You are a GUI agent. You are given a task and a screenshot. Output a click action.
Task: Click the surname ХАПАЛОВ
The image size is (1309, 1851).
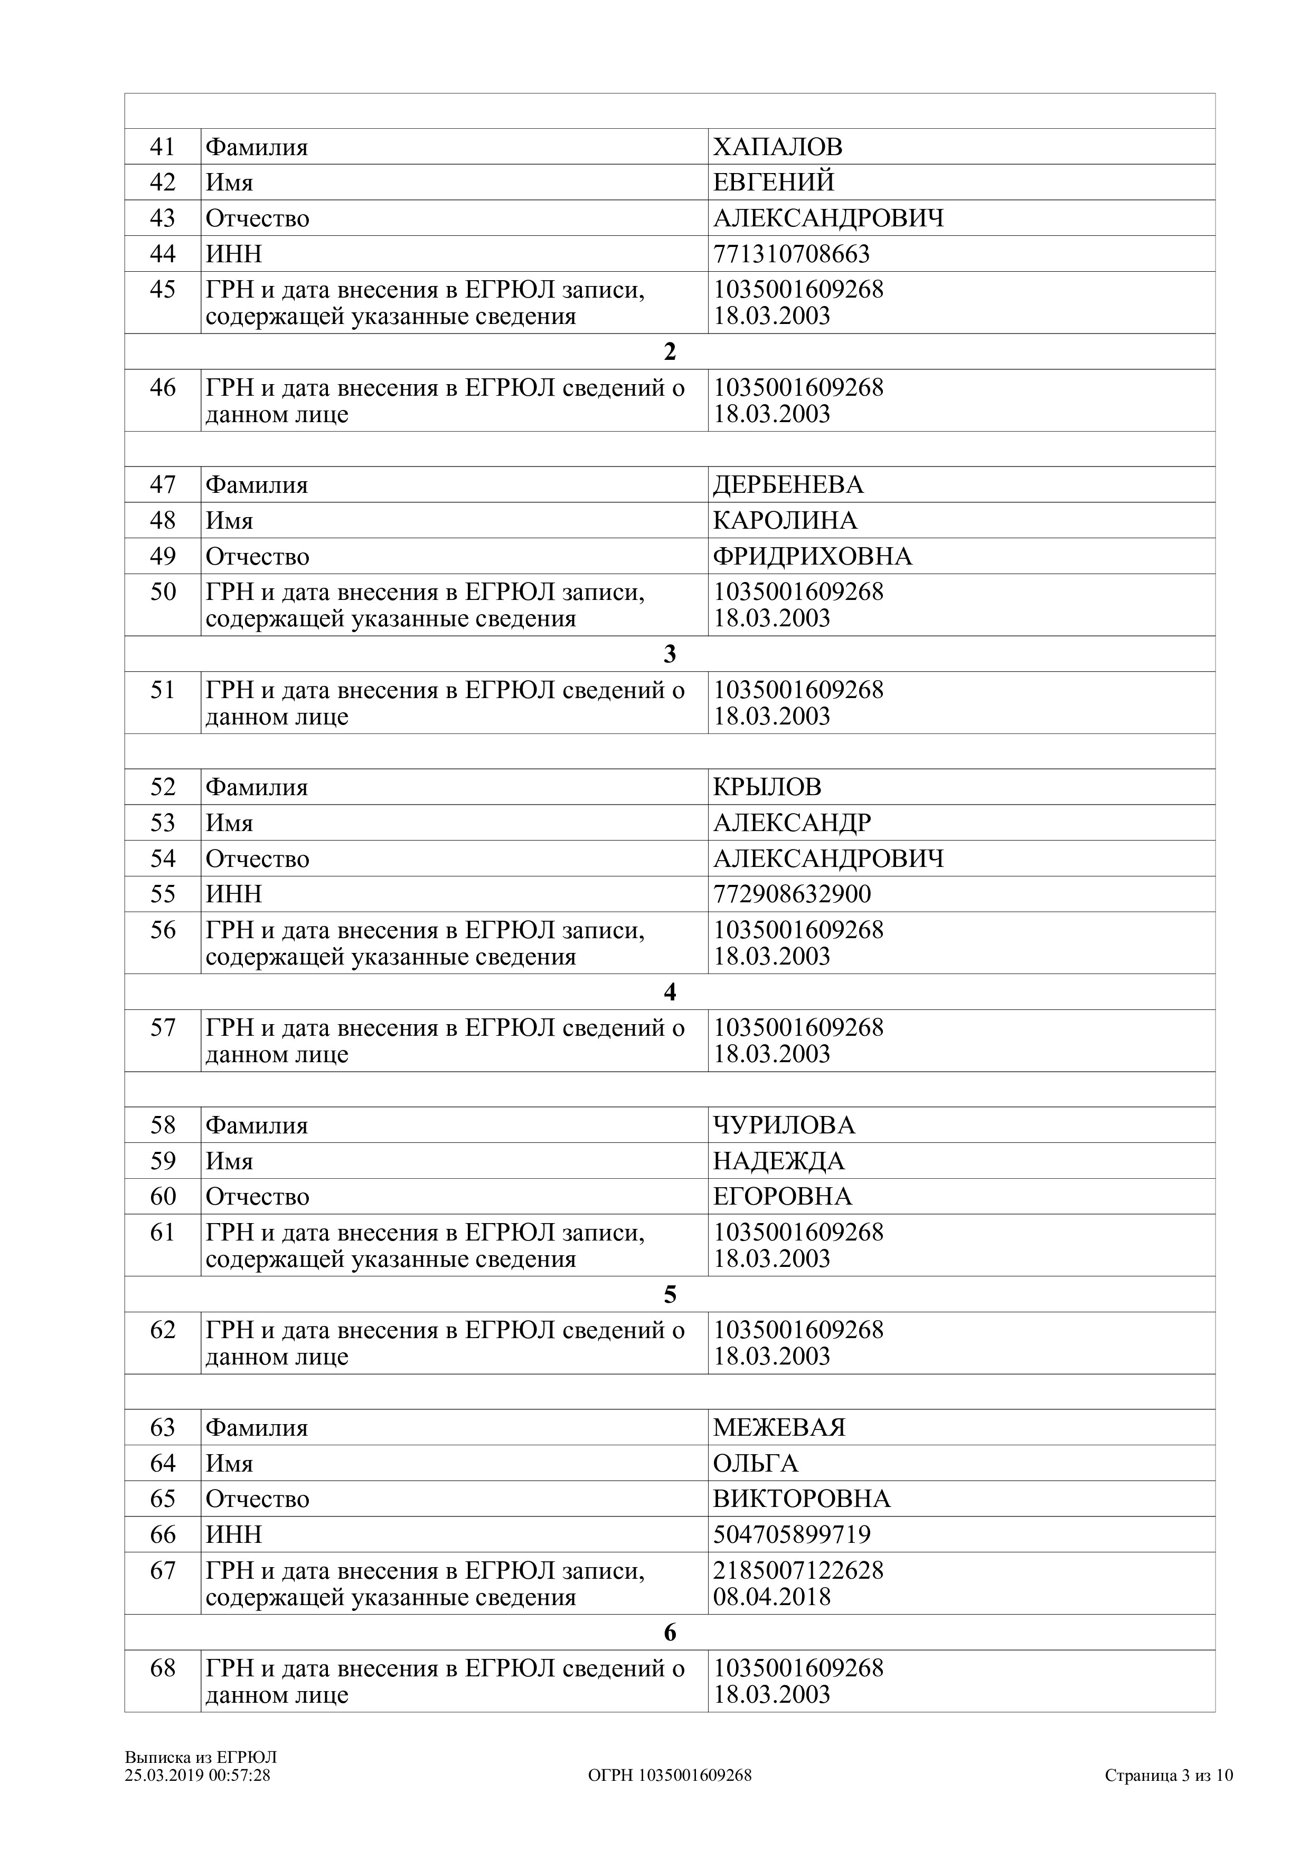pyautogui.click(x=777, y=147)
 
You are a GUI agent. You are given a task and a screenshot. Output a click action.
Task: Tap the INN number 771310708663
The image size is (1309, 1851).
pyautogui.click(x=791, y=254)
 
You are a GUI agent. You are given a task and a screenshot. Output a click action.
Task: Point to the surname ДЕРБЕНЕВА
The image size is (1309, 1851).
pyautogui.click(x=788, y=484)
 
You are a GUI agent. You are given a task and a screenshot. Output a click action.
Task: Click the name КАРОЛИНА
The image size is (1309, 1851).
pyautogui.click(x=785, y=520)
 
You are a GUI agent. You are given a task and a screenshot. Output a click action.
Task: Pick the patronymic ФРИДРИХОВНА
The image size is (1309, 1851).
pyautogui.click(x=812, y=556)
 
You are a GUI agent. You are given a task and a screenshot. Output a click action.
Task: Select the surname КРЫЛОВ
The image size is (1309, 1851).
pyautogui.click(x=767, y=787)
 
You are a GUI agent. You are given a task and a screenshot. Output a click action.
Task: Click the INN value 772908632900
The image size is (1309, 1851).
pyautogui.click(x=791, y=894)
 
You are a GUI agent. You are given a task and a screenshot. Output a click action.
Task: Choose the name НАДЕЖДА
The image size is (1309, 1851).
pyautogui.click(x=778, y=1161)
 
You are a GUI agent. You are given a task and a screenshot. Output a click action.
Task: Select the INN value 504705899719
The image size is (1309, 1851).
pyautogui.click(x=791, y=1534)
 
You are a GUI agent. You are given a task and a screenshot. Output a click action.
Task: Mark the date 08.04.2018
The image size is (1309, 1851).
pyautogui.click(x=771, y=1597)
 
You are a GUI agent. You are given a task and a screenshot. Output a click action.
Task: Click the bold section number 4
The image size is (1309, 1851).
pyautogui.click(x=670, y=993)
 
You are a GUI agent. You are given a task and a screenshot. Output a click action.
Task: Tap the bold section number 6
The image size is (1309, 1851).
pyautogui.click(x=670, y=1633)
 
